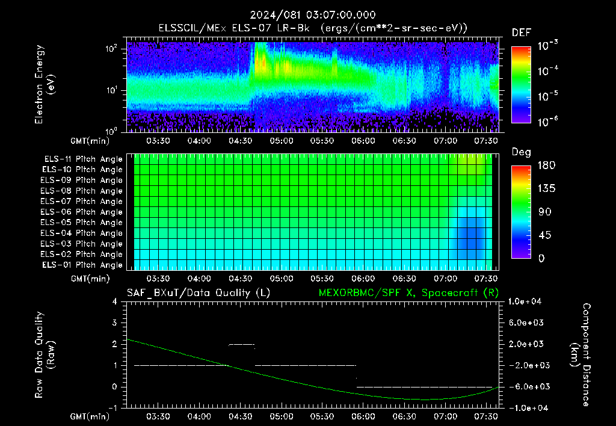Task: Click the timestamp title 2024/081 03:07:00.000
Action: click(x=313, y=15)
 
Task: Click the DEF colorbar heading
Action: click(x=522, y=32)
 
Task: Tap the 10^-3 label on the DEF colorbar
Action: click(x=547, y=46)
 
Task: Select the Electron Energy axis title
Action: click(x=45, y=84)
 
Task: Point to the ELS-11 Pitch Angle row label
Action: click(x=83, y=159)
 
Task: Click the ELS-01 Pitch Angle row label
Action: click(x=82, y=265)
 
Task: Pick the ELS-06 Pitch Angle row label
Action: click(x=82, y=212)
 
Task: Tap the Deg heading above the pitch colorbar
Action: click(x=522, y=152)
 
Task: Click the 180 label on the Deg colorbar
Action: click(x=546, y=165)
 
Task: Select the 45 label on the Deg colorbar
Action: click(x=544, y=235)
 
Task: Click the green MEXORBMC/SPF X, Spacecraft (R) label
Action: click(x=408, y=293)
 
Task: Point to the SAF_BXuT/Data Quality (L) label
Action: click(x=199, y=293)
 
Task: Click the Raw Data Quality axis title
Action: click(x=45, y=355)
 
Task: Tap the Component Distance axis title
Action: click(x=581, y=355)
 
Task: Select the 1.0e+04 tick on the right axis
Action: click(x=525, y=301)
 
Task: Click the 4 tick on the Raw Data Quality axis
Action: click(x=115, y=301)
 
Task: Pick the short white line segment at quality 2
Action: click(x=242, y=345)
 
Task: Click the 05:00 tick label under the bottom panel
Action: click(x=282, y=416)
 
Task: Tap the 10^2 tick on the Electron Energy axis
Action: click(x=111, y=49)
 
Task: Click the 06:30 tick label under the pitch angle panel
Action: click(x=404, y=279)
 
